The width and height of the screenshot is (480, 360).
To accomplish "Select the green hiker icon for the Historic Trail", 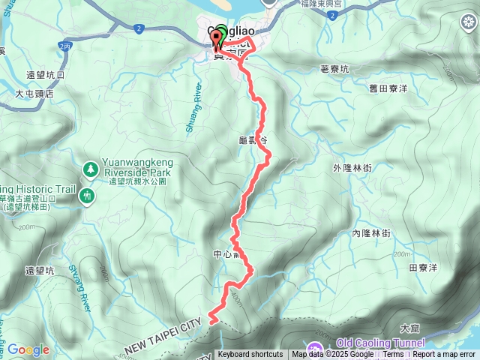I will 88,196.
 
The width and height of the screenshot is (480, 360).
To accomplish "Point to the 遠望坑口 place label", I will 46,75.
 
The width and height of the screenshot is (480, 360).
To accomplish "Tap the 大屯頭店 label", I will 35,94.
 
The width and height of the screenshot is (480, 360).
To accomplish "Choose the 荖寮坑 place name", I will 334,69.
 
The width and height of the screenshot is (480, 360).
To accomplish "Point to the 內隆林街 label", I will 371,233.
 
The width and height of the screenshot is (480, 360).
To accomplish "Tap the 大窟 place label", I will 409,328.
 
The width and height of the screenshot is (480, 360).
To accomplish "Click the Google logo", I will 28,349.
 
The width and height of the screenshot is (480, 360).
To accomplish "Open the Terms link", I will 393,355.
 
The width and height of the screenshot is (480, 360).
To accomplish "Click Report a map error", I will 445,355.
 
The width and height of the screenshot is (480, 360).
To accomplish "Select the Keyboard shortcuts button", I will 250,355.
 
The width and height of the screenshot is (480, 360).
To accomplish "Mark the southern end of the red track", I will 210,322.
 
